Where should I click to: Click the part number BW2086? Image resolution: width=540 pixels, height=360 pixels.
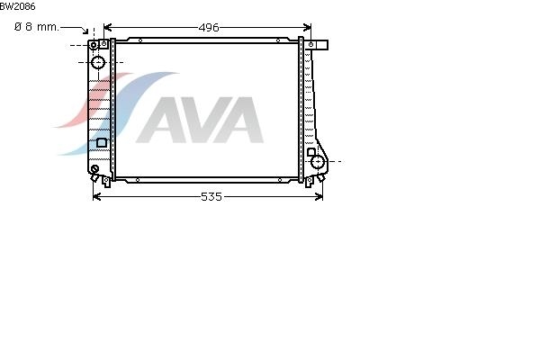(x=17, y=6)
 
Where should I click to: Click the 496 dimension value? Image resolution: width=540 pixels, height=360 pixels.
(x=209, y=28)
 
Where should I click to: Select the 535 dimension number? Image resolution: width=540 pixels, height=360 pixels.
(x=211, y=197)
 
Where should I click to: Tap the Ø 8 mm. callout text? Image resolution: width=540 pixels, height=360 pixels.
(x=37, y=27)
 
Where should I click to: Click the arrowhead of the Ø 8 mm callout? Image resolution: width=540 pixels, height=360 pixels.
(x=85, y=31)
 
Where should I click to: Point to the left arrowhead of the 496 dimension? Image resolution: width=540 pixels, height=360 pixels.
(x=107, y=27)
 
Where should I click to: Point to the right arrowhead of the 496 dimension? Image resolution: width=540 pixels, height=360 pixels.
(x=307, y=27)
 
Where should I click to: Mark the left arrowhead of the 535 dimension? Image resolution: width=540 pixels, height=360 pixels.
(x=97, y=197)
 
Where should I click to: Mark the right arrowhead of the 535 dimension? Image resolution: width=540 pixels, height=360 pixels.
(x=319, y=197)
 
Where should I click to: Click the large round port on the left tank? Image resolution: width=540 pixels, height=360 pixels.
(x=98, y=62)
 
